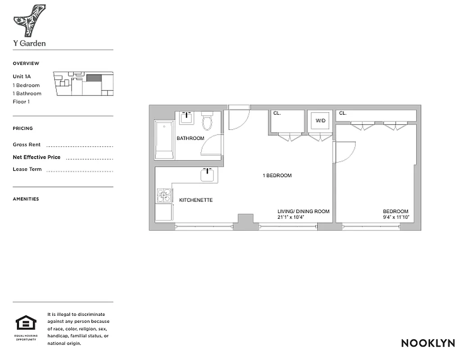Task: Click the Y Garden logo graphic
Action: tap(29, 21)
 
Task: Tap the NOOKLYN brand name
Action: tap(428, 343)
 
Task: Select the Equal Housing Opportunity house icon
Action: tap(26, 323)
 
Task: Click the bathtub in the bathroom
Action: tap(164, 139)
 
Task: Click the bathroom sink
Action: tap(187, 118)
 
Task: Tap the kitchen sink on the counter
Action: tap(207, 175)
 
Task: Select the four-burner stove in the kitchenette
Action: tap(164, 195)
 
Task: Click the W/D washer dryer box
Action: tap(320, 121)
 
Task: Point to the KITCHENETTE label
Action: tap(196, 200)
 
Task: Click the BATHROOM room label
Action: tap(190, 138)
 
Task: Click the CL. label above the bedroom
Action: tap(343, 113)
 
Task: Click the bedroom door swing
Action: tap(344, 151)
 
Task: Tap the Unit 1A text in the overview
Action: tap(22, 77)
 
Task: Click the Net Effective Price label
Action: tap(36, 157)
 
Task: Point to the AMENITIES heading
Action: tap(26, 199)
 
